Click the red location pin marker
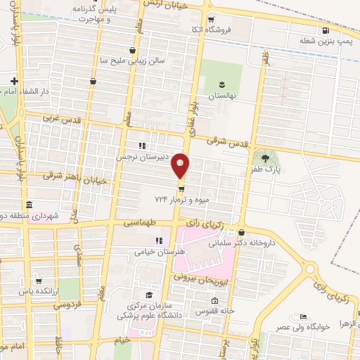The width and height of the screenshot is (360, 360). coord(181,166)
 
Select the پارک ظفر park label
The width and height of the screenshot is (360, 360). coord(264,170)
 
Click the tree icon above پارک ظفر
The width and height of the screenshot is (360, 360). coord(265,158)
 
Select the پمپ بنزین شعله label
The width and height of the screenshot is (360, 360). coord(324,41)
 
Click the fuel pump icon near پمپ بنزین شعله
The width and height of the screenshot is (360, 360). coord(324,30)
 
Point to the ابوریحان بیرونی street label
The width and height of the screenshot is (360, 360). coord(217,279)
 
